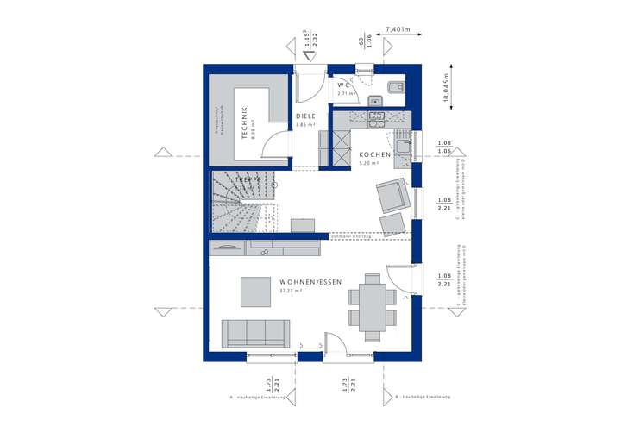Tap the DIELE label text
pyautogui.click(x=305, y=116)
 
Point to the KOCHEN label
pyautogui.click(x=375, y=154)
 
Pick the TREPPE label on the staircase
pyautogui.click(x=238, y=179)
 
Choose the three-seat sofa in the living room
pyautogui.click(x=255, y=332)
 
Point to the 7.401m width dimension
pyautogui.click(x=398, y=29)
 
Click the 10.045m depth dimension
pyautogui.click(x=448, y=88)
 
